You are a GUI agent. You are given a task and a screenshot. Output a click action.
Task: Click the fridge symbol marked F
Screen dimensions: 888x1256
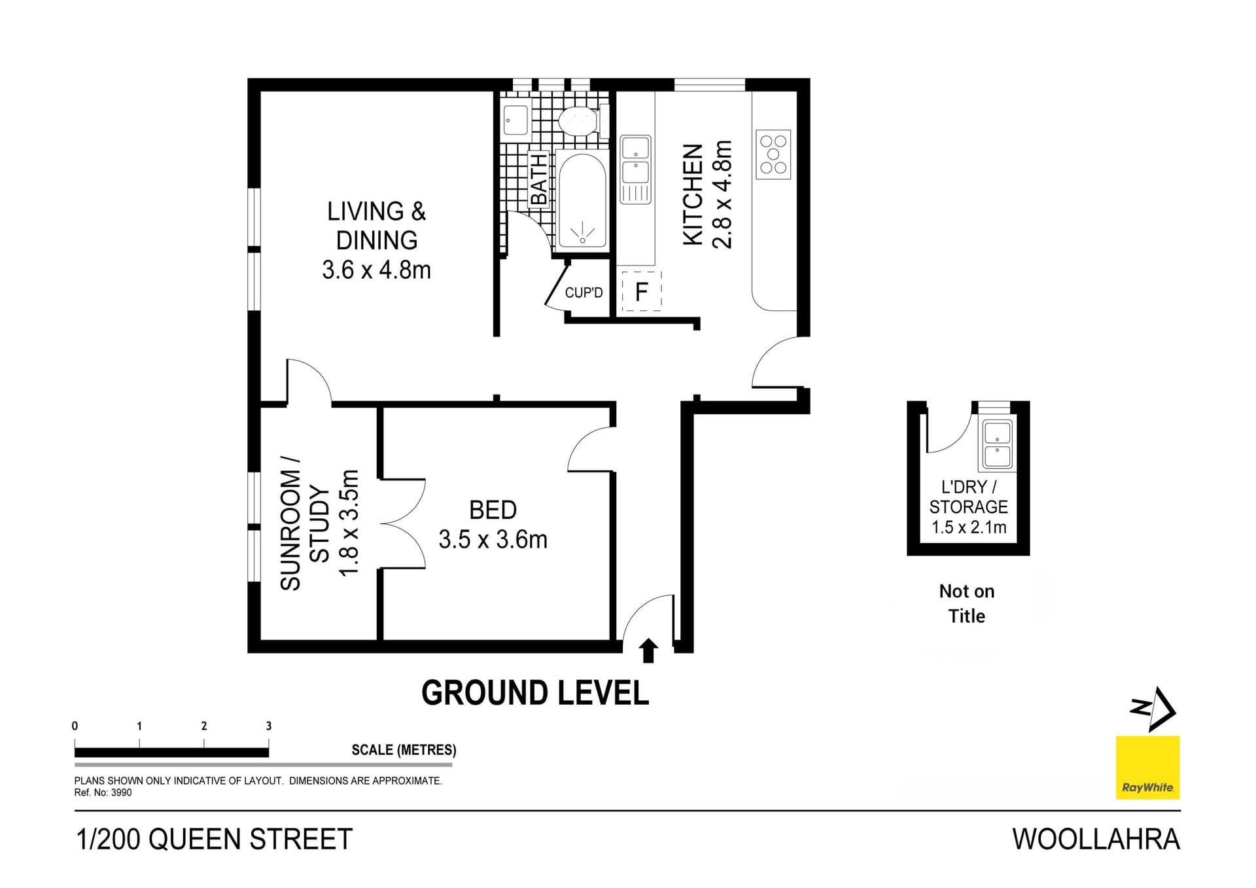click(641, 291)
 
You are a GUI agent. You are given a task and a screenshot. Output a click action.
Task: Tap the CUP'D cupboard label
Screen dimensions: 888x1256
click(584, 293)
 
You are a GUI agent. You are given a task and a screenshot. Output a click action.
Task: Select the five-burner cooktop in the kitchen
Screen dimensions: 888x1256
click(773, 154)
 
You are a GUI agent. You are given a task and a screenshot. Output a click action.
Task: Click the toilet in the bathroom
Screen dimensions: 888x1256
click(578, 122)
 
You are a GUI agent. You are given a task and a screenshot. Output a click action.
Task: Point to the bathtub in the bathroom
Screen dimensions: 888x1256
click(582, 200)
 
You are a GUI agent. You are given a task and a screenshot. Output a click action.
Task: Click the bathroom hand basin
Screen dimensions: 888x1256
click(516, 120)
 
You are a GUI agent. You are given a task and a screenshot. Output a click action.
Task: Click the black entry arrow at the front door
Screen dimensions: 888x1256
click(648, 650)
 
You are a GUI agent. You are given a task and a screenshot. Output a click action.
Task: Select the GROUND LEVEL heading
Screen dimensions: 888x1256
click(535, 693)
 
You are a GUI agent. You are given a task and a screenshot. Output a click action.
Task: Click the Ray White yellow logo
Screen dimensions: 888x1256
click(1147, 768)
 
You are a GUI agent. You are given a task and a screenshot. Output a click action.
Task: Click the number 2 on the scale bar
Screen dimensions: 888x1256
click(204, 726)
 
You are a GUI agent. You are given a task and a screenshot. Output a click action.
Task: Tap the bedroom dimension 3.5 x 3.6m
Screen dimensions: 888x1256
click(493, 540)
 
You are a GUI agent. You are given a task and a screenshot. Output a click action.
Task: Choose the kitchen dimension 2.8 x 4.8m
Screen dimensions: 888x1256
click(723, 195)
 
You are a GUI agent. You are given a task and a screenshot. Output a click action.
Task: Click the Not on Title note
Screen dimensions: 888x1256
click(967, 603)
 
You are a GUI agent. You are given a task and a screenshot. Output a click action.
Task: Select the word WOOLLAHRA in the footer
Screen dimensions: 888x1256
click(1096, 840)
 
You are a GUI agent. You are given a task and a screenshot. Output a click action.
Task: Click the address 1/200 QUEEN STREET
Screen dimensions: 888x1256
click(215, 840)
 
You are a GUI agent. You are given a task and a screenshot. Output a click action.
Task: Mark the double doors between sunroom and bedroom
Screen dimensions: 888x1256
click(403, 524)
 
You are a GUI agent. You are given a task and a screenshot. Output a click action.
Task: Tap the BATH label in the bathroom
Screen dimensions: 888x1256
click(538, 180)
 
